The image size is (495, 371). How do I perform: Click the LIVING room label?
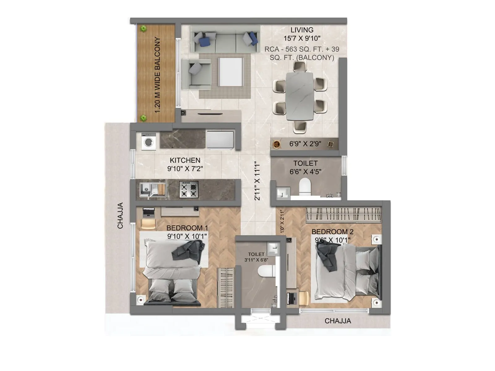tap(302, 30)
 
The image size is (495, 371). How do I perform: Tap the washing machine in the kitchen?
tap(149, 142)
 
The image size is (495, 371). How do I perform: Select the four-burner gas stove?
tap(189, 189)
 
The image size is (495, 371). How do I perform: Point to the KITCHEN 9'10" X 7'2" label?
tap(185, 164)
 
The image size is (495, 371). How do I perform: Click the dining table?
tap(299, 96)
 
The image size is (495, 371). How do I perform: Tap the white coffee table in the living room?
tap(230, 72)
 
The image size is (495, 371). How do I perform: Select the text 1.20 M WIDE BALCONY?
tap(157, 75)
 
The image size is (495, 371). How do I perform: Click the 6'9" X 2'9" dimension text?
tap(305, 144)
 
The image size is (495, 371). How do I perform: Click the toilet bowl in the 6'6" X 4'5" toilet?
tap(305, 186)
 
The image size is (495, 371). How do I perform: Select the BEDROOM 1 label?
tap(187, 228)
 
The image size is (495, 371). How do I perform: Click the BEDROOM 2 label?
tap(332, 232)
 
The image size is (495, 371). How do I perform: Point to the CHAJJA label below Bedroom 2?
tap(338, 321)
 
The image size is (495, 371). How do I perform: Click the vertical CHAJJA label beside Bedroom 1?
tap(120, 215)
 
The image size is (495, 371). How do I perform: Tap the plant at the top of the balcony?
tap(143, 29)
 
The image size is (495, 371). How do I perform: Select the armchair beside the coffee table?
tap(196, 72)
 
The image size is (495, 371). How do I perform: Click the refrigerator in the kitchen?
tap(220, 140)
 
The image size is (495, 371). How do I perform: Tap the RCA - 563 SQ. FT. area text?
tap(302, 49)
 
